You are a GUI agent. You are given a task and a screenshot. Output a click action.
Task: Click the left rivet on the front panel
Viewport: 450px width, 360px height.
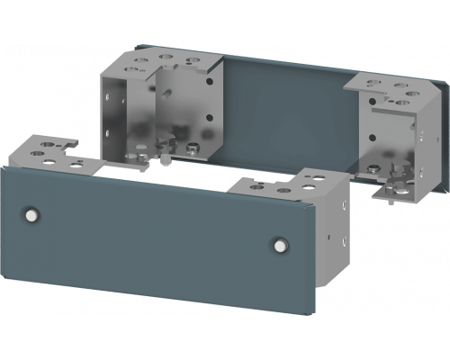coord(32,214)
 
